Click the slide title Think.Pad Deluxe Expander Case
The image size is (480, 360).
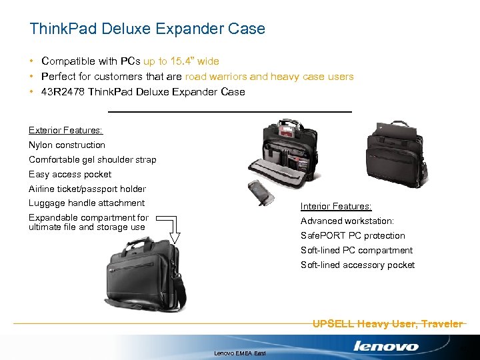point(147,29)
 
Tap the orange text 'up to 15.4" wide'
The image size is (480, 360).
point(181,61)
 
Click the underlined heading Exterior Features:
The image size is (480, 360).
point(65,130)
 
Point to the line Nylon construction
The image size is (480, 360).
point(67,145)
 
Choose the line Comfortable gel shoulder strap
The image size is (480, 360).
point(92,159)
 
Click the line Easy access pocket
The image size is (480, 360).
point(70,174)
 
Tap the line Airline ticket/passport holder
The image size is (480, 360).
point(87,189)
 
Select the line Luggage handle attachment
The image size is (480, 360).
point(87,203)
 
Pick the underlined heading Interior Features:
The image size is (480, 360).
point(336,207)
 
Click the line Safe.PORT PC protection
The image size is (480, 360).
point(353,235)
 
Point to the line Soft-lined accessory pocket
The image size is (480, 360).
point(357,265)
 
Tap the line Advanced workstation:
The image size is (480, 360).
point(347,221)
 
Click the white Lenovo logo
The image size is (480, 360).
point(386,346)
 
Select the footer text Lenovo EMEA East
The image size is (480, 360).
point(240,353)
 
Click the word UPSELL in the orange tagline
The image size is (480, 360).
point(333,324)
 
